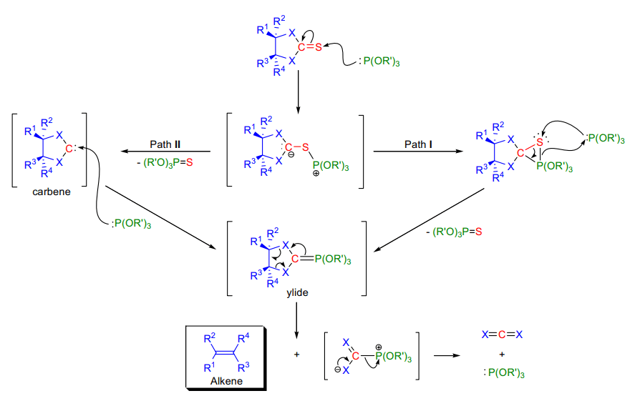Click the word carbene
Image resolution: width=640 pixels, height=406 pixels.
click(51, 192)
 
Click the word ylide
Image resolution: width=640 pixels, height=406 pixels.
click(297, 292)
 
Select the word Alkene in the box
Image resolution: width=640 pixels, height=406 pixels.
click(226, 381)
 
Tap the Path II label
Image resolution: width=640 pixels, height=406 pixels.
click(165, 144)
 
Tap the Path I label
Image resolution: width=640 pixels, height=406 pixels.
click(418, 144)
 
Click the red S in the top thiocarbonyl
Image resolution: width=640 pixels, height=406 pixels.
click(319, 47)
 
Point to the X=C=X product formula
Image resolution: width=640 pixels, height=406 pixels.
click(502, 335)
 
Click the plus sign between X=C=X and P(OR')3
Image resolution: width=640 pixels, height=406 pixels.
click(502, 355)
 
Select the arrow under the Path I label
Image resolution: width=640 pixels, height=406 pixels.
click(418, 152)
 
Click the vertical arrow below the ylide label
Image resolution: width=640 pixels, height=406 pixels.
click(296, 320)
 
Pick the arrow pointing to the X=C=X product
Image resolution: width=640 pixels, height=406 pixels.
click(447, 355)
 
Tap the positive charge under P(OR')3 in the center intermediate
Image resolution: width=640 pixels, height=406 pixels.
click(316, 174)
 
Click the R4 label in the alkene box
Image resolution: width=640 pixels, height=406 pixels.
click(243, 338)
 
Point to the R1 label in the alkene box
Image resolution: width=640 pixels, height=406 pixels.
click(209, 367)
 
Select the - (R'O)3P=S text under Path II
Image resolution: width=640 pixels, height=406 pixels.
click(165, 163)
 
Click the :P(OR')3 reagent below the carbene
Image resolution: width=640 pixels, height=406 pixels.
click(131, 224)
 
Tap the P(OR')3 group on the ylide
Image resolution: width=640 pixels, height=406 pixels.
click(333, 259)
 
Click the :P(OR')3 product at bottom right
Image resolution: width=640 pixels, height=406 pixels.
click(504, 372)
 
